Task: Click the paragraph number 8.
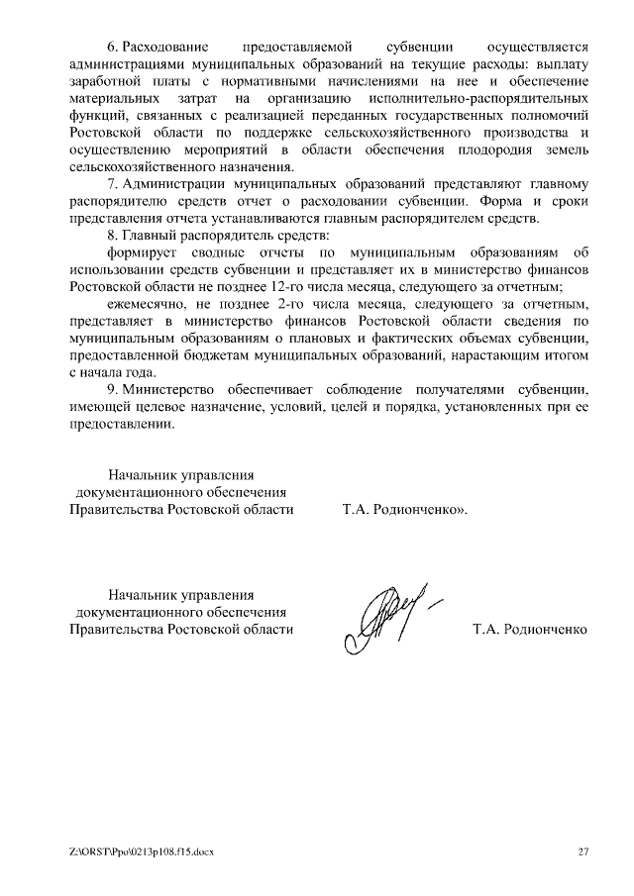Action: tap(111, 236)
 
